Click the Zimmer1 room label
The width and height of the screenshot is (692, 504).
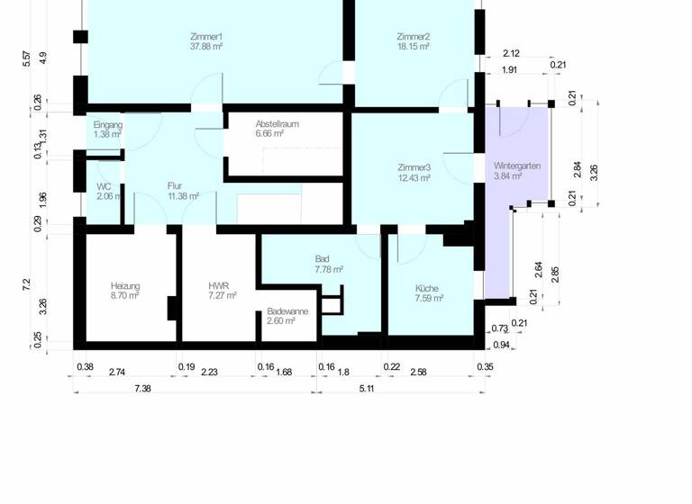206,36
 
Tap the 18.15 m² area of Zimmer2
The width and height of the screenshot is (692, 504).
413,46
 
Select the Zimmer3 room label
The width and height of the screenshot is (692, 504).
414,167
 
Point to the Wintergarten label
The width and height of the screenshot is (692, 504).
517,167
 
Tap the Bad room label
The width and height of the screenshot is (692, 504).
323,258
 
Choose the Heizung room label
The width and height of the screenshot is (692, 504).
125,285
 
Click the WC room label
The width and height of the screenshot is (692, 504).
104,186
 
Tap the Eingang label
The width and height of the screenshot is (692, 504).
107,124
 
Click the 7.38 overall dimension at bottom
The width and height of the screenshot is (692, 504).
142,387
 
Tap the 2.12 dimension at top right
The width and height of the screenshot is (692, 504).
510,53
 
